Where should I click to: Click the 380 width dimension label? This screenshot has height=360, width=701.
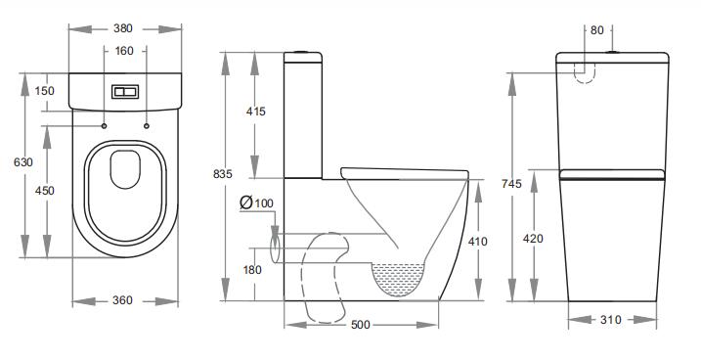coord(124,28)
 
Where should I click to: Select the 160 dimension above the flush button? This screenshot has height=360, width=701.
coord(124,50)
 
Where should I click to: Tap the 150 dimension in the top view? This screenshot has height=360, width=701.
coord(44,91)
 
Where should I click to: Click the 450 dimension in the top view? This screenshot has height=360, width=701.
coord(44,192)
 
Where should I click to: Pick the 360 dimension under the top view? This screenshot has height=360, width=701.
coord(124,300)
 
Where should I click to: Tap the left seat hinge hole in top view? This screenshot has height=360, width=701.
coord(104,125)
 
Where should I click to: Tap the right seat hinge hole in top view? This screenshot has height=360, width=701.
coord(147,125)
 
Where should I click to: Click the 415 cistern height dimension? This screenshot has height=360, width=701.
coord(256,112)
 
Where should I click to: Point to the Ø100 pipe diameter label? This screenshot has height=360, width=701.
coord(257,202)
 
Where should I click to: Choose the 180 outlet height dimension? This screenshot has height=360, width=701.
coord(253,270)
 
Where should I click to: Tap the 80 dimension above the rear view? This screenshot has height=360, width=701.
coord(596,30)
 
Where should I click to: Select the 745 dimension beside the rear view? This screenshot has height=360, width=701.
coord(510,182)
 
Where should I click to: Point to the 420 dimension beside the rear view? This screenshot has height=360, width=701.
coord(534,238)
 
